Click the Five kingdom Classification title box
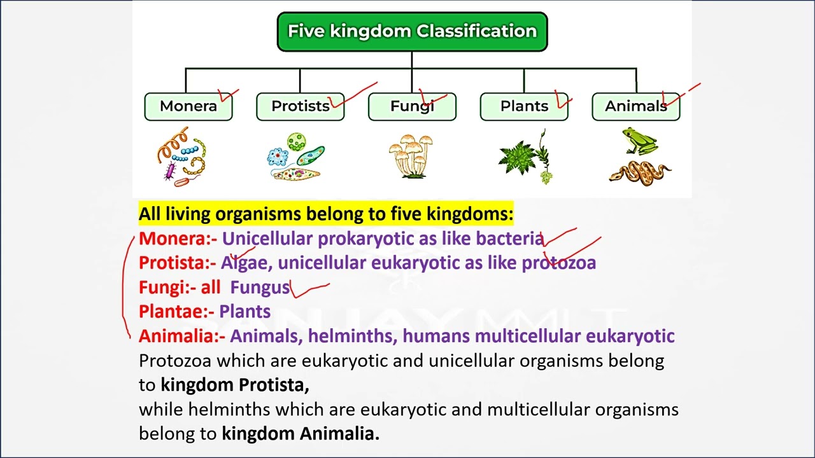412,31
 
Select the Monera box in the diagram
188,106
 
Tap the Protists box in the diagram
300,106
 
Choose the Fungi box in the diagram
412,106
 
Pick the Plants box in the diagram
524,106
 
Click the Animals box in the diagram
635,106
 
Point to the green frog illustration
640,141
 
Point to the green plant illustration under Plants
525,156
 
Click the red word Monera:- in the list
178,239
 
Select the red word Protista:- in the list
177,263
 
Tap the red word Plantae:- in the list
176,312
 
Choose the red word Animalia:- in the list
181,336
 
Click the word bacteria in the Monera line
509,239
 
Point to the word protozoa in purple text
558,263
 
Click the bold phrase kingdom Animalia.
300,434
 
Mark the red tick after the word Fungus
310,289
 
